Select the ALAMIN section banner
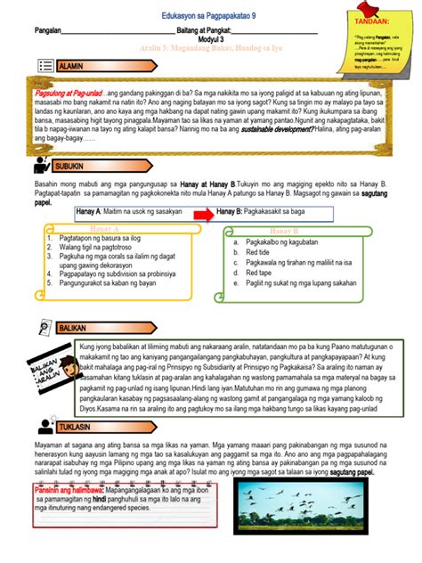(x=84, y=67)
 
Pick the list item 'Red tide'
(x=257, y=251)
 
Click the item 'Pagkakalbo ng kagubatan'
(x=283, y=241)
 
